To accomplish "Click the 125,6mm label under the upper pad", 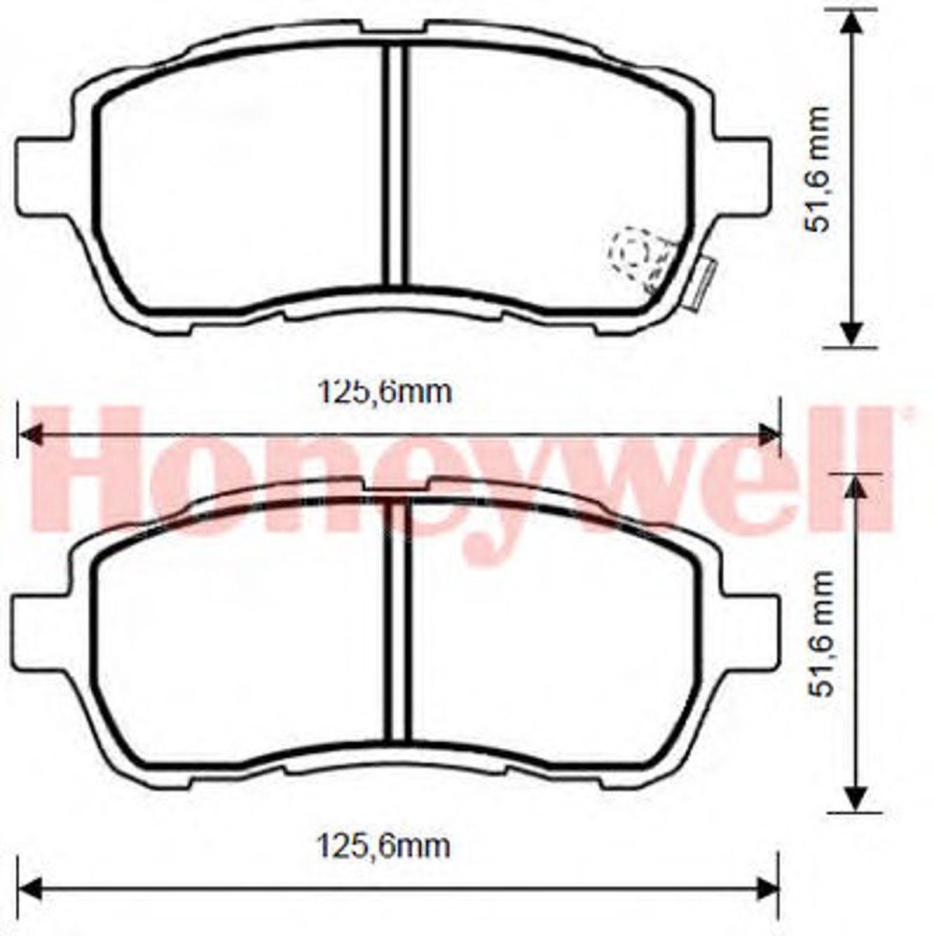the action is click(x=384, y=392).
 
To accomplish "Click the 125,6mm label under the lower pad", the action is click(x=383, y=846).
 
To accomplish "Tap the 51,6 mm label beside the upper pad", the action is click(x=817, y=170).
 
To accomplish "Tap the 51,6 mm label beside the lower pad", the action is click(x=819, y=634).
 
